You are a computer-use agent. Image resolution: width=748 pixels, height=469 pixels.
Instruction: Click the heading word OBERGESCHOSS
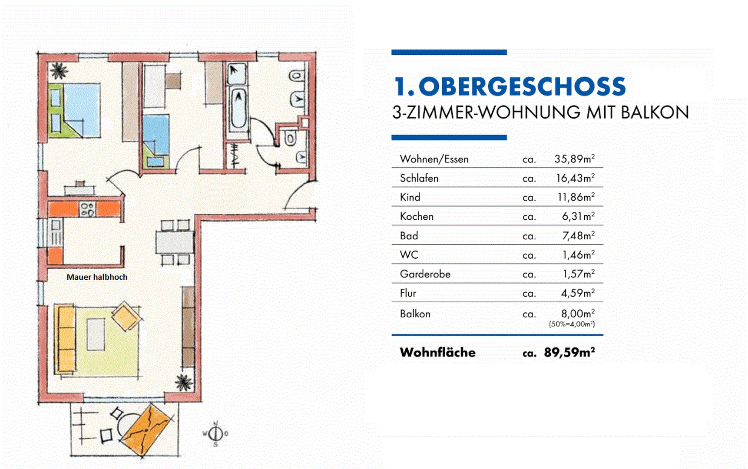[522, 86]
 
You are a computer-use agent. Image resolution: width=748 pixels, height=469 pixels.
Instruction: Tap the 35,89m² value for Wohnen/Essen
[574, 159]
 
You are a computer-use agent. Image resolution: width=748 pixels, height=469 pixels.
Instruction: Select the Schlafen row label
[419, 178]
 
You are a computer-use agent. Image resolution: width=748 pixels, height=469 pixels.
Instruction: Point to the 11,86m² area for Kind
[576, 197]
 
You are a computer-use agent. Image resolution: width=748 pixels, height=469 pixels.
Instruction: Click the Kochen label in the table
[417, 216]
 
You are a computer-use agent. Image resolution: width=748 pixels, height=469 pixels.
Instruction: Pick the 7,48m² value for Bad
[578, 236]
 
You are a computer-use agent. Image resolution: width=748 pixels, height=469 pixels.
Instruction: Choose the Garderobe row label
[425, 274]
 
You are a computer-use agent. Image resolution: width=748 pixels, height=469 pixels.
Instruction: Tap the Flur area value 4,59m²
[578, 293]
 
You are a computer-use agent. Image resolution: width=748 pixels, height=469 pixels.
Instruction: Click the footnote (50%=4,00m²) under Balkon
[572, 324]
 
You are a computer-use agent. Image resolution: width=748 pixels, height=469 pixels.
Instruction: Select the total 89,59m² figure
[569, 352]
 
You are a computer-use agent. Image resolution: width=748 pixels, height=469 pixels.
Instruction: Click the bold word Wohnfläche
[438, 352]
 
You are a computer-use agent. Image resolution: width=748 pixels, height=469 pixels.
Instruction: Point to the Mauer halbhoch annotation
[97, 277]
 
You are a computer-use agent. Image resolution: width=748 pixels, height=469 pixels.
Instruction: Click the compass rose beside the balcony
[215, 433]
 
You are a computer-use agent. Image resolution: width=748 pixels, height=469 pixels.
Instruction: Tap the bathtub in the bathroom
[238, 109]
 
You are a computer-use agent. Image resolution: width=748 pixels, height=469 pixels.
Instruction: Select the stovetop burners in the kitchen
[87, 209]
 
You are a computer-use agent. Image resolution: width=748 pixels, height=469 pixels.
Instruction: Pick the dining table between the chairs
[175, 242]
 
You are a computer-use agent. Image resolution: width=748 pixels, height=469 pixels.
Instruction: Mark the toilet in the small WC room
[290, 139]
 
